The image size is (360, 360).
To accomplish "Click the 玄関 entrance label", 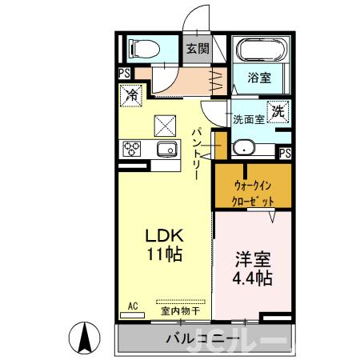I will [x=198, y=49].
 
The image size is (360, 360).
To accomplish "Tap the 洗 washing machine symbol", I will [x=277, y=113].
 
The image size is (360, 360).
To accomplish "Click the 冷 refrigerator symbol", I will [x=131, y=95].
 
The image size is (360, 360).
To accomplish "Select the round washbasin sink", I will [x=243, y=147].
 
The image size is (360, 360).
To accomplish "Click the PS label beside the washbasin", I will [x=286, y=153].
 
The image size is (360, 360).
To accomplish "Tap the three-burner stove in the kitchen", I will [x=130, y=148].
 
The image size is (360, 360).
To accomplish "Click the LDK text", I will [x=164, y=236].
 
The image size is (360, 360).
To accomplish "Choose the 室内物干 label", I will [x=178, y=310].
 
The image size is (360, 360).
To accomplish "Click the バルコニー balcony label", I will [x=202, y=339].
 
